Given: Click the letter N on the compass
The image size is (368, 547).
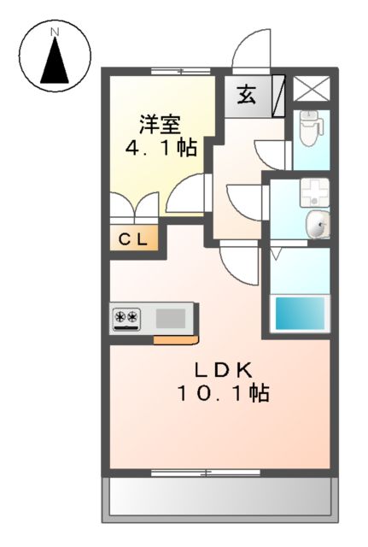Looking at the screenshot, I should pyautogui.click(x=55, y=32).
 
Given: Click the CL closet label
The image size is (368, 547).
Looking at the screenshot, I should pyautogui.click(x=132, y=239).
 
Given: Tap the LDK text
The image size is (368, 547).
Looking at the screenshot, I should pyautogui.click(x=221, y=370).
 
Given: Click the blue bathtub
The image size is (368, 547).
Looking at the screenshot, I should pyautogui.click(x=301, y=313).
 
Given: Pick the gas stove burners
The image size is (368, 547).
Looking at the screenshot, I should pyautogui.click(x=127, y=319).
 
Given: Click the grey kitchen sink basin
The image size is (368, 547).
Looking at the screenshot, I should pyautogui.click(x=171, y=319).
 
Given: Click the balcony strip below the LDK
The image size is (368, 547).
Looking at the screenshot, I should pyautogui.click(x=218, y=497).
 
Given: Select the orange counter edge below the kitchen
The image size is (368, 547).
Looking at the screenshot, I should pyautogui.click(x=175, y=339).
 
